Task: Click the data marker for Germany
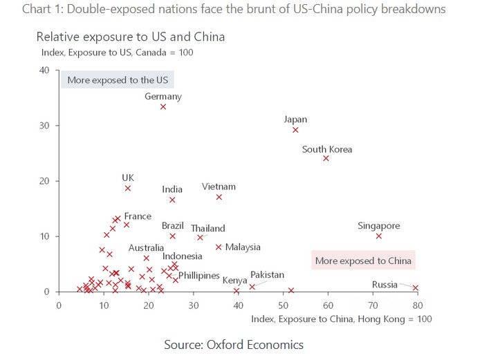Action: pyautogui.click(x=163, y=106)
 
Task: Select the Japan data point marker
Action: pyautogui.click(x=296, y=130)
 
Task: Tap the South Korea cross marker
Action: pyautogui.click(x=326, y=158)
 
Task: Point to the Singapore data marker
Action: pyautogui.click(x=379, y=236)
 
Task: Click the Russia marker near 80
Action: pyautogui.click(x=416, y=288)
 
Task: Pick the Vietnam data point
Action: pyautogui.click(x=219, y=197)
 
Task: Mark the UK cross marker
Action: pyautogui.click(x=128, y=188)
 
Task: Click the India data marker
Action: pyautogui.click(x=172, y=200)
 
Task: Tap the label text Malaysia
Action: pyautogui.click(x=243, y=247)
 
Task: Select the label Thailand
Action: pyautogui.click(x=207, y=229)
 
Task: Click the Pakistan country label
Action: pyautogui.click(x=267, y=275)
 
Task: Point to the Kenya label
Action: pyautogui.click(x=234, y=281)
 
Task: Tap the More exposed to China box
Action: pyautogui.click(x=363, y=261)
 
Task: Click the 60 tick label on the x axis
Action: pyautogui.click(x=328, y=305)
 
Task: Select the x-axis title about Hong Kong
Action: pyautogui.click(x=342, y=319)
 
